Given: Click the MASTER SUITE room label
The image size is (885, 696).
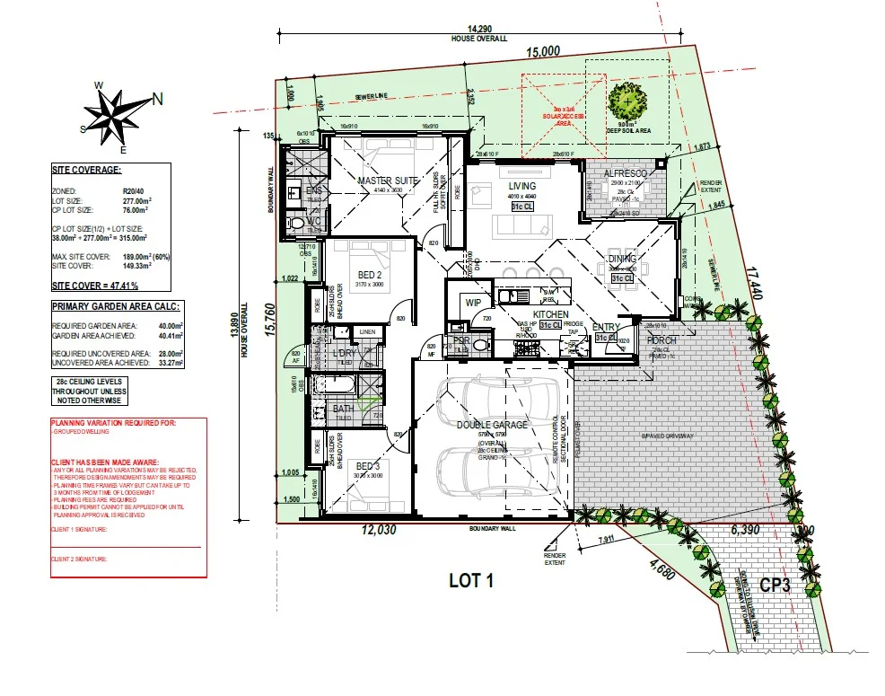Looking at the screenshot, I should click(x=388, y=181).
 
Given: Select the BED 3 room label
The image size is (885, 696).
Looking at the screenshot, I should click(x=368, y=466).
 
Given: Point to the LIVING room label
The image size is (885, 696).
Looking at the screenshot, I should click(x=521, y=186).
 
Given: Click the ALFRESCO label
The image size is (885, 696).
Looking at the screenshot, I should click(x=626, y=172).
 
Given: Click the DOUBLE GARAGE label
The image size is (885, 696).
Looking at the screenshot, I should click(x=492, y=425).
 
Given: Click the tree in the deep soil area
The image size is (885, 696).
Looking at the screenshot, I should click(x=627, y=100).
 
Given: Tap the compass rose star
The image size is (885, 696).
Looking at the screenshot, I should click(x=111, y=114).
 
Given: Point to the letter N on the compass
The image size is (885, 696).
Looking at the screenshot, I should click(x=156, y=100).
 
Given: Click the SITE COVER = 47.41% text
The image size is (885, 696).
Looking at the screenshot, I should click(x=95, y=286).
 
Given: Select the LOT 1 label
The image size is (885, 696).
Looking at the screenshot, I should click(x=471, y=580).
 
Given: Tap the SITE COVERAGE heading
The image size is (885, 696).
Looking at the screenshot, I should click(x=87, y=169).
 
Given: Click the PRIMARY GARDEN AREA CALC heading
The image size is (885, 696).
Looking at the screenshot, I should click(x=115, y=306).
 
